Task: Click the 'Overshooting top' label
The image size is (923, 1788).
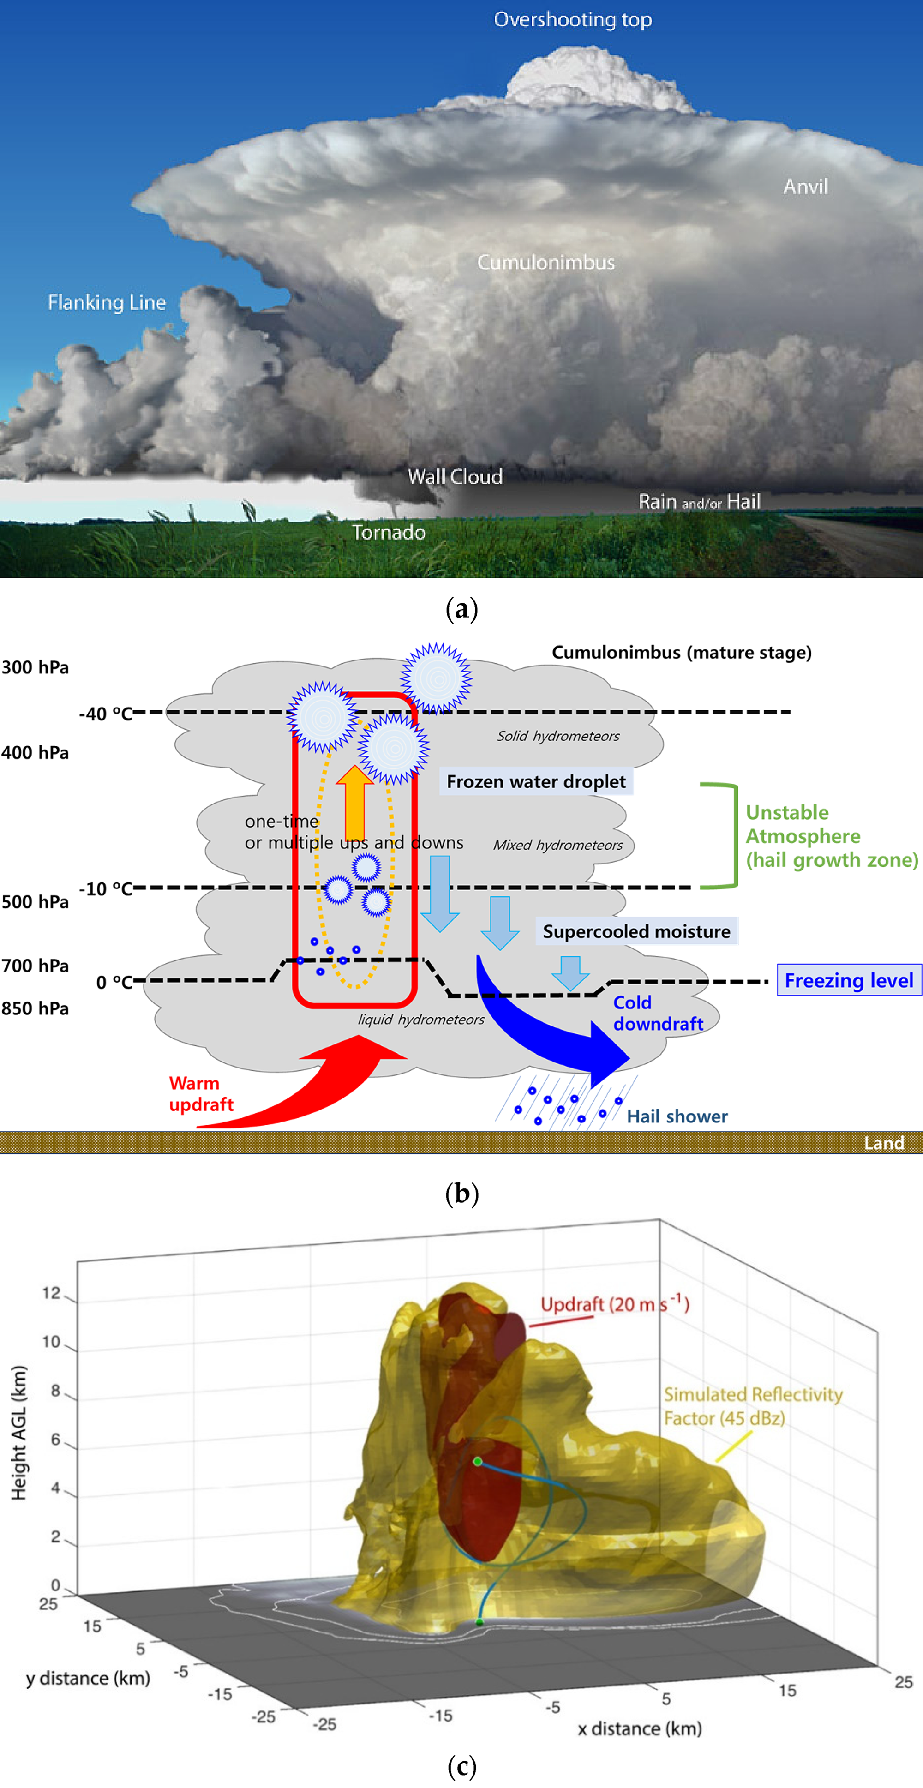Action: tap(573, 19)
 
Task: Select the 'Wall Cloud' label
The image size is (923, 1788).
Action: tap(455, 477)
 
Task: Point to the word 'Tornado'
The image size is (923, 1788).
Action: tap(389, 532)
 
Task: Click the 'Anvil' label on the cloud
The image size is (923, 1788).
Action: tap(805, 187)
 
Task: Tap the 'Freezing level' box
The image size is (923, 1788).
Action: tap(848, 980)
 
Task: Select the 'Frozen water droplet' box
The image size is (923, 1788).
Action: tap(536, 781)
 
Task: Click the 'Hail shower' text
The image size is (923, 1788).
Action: tap(677, 1116)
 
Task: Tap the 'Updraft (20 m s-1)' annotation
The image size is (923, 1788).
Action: tap(614, 1304)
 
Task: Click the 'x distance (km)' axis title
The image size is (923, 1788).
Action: tap(639, 1728)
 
